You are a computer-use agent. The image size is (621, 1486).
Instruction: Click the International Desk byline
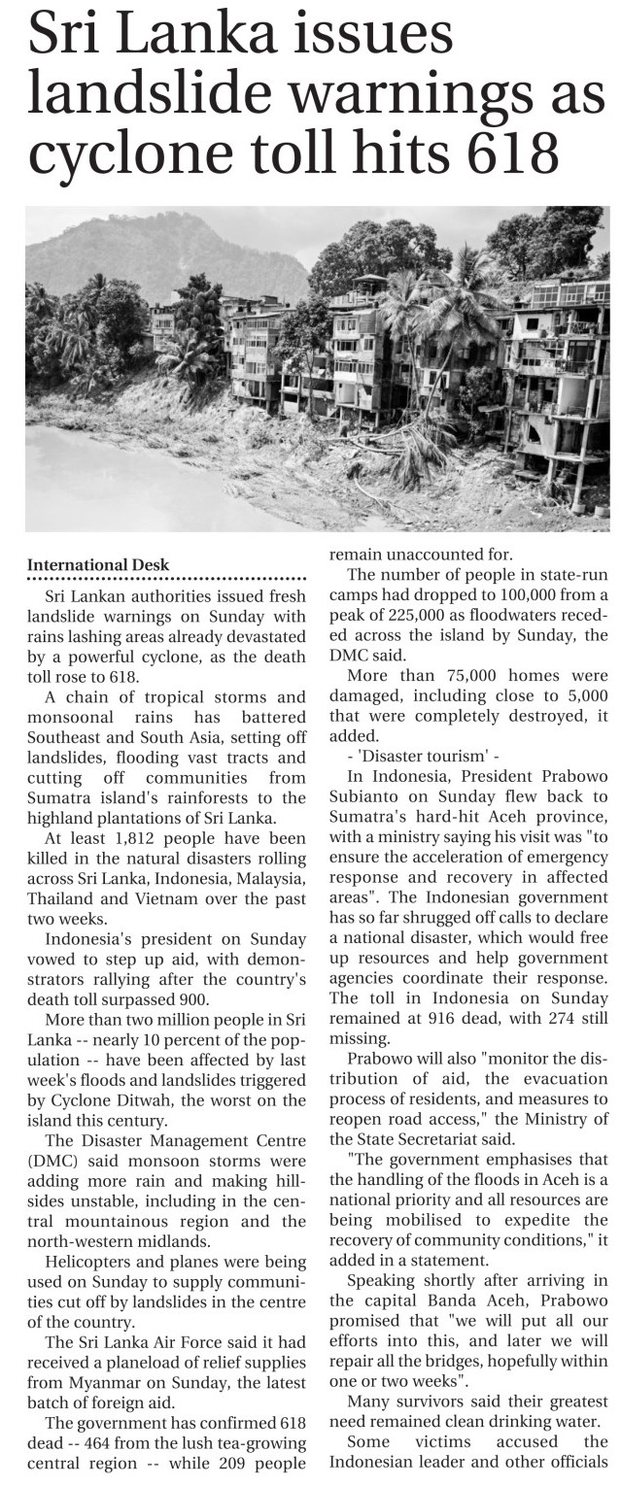coord(98,564)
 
